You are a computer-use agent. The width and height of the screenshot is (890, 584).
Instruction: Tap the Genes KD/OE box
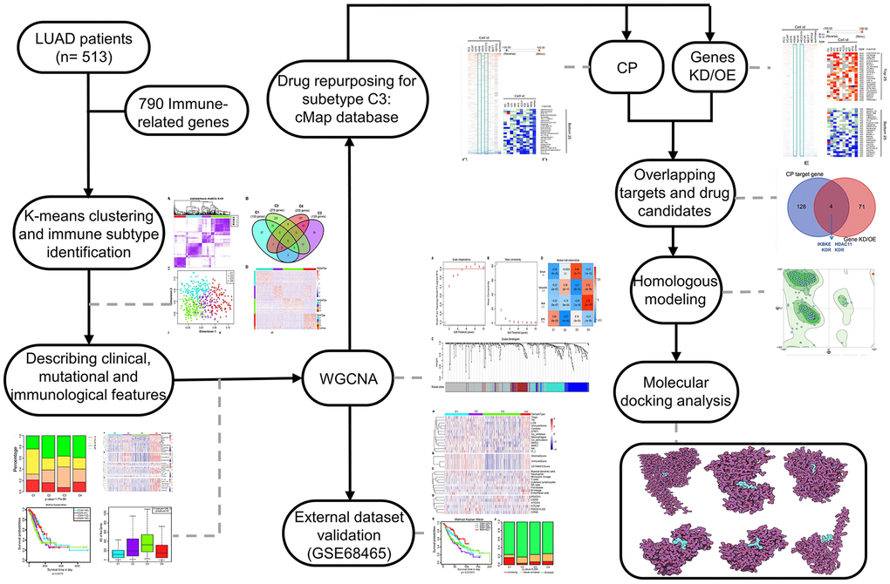(x=713, y=67)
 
